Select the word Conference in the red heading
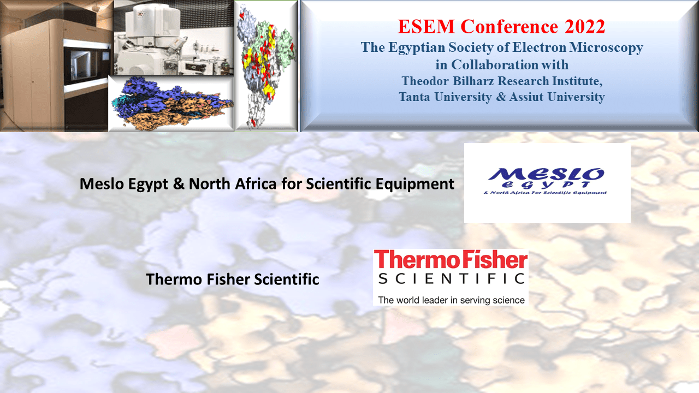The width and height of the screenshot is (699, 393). [510, 27]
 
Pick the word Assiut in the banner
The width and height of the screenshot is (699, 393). [526, 97]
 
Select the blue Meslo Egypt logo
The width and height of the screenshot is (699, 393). [546, 181]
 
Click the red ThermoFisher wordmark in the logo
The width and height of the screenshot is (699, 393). [451, 260]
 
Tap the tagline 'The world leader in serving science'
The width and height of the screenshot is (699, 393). [451, 300]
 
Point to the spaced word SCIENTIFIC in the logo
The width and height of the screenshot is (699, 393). [451, 278]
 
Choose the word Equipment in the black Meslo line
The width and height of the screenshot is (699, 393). [414, 184]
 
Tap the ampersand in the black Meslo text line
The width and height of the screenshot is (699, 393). [179, 184]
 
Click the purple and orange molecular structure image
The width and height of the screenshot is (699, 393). [171, 103]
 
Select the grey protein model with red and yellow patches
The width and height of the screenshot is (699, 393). [265, 66]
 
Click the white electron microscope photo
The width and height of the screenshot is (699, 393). [174, 38]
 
